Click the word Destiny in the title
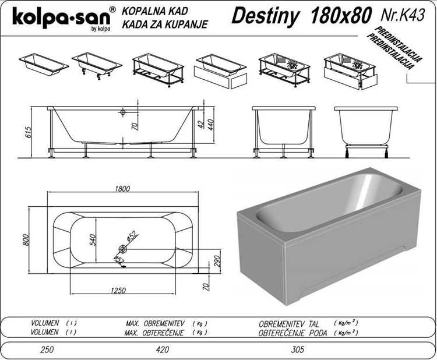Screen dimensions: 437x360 point(265,16)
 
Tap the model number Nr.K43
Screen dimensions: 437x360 point(403,15)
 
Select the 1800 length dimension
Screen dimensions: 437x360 point(122,189)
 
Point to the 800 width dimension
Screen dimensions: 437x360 point(26,240)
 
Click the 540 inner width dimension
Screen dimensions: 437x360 point(93,240)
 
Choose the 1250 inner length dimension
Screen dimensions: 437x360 point(118,290)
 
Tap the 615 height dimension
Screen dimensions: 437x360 point(29,132)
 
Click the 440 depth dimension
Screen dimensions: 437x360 point(211,125)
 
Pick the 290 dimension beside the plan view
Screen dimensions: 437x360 point(217,261)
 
